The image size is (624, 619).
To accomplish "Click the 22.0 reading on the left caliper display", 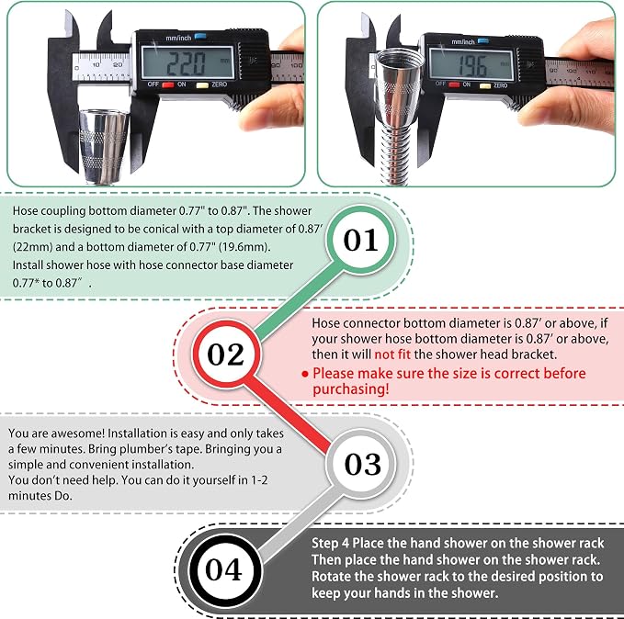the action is point(186,63).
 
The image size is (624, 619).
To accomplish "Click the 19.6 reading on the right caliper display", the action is point(471,65).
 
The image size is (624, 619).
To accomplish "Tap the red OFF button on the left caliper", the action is point(168,84).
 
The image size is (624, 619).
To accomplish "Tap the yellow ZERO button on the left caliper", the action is point(202,84).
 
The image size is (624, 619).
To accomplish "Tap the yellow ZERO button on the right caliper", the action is point(485,85).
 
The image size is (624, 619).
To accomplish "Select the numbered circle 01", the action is point(361,240).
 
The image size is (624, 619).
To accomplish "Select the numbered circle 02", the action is point(226,354).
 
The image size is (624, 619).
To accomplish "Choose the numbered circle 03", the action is point(361,464).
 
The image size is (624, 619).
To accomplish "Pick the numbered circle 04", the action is point(224,569).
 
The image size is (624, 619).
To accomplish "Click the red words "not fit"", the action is point(392,355).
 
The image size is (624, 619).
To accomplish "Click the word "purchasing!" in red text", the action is point(351,389).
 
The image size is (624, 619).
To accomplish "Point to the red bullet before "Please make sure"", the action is point(305,374).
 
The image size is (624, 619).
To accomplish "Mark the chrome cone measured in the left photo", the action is point(104,146).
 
